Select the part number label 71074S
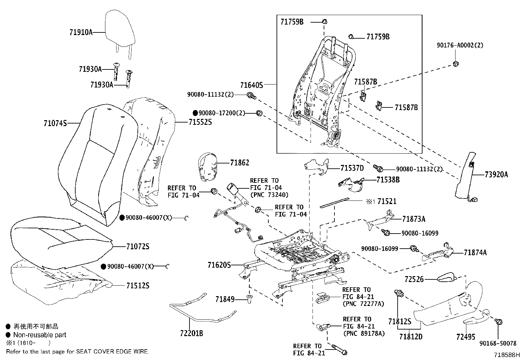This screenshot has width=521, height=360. (x=55, y=123)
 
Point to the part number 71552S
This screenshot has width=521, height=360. (x=200, y=122)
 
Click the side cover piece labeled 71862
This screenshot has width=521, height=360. (x=208, y=166)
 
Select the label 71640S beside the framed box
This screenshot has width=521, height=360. (x=251, y=85)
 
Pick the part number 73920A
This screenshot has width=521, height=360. (x=496, y=175)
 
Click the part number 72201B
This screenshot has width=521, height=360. (x=191, y=333)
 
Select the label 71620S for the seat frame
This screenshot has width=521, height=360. (x=219, y=265)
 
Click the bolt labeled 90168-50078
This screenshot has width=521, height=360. (x=498, y=322)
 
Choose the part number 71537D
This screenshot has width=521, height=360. (x=352, y=168)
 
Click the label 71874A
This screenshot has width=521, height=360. (x=475, y=253)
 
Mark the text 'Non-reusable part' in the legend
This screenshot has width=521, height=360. (x=40, y=335)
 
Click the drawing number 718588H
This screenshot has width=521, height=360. (x=507, y=355)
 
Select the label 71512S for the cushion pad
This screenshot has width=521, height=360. (x=137, y=286)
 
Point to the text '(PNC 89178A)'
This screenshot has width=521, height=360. (x=364, y=334)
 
